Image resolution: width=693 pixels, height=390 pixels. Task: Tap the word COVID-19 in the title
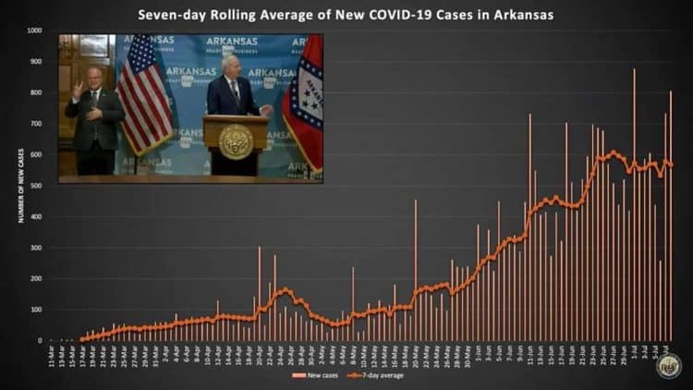[x=371, y=15]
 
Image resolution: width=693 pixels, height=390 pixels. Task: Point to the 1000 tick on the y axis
[x=34, y=30]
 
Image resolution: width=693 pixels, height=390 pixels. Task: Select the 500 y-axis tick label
[x=36, y=186]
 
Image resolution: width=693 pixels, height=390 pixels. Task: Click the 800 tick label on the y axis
[x=36, y=92]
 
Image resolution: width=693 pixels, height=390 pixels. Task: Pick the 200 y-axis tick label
[x=36, y=278]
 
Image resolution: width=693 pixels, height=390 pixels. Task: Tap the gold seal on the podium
[x=237, y=141]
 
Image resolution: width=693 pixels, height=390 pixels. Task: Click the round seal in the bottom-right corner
[x=669, y=366]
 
